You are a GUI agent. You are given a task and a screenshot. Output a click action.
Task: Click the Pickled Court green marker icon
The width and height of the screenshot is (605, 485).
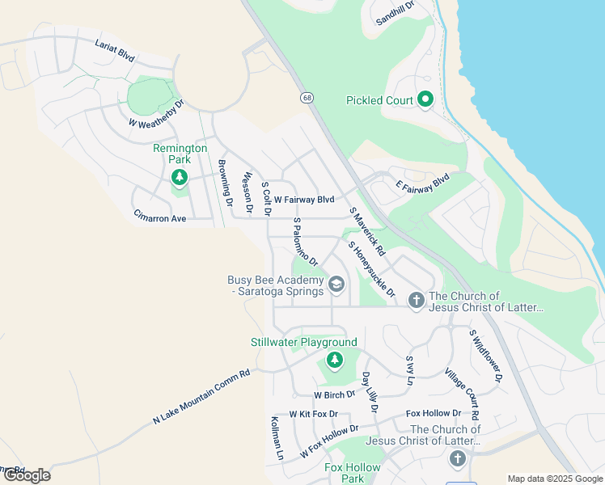pos(425,100)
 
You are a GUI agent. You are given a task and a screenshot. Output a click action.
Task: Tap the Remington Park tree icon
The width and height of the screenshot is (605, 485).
pos(180,178)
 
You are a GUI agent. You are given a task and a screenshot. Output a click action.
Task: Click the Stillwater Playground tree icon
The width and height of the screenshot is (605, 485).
pos(332,360)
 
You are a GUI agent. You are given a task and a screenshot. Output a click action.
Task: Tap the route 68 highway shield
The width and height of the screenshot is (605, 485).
pos(307,98)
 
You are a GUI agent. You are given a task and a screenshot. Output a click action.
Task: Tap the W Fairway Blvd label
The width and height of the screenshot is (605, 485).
pos(303,199)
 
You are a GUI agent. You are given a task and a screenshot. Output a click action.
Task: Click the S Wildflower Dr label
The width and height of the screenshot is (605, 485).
pos(486,355)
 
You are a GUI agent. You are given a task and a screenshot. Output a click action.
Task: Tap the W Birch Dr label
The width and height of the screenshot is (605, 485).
pos(335,394)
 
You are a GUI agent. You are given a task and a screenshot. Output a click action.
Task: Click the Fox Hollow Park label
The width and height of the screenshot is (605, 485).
pos(352,473)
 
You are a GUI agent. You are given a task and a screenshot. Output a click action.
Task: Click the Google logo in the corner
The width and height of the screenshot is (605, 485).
pos(26,474)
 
